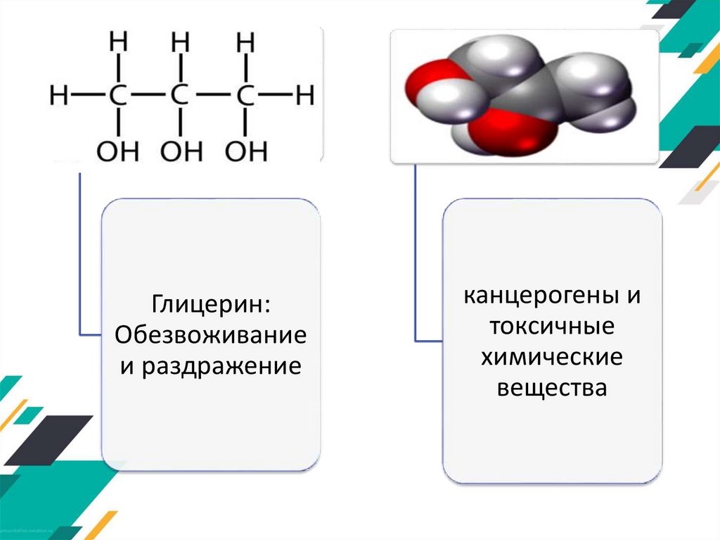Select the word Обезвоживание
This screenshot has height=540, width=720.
(x=211, y=335)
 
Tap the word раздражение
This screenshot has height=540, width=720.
(x=221, y=366)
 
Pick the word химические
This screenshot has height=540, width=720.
(x=552, y=356)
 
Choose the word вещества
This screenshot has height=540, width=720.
(x=552, y=387)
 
